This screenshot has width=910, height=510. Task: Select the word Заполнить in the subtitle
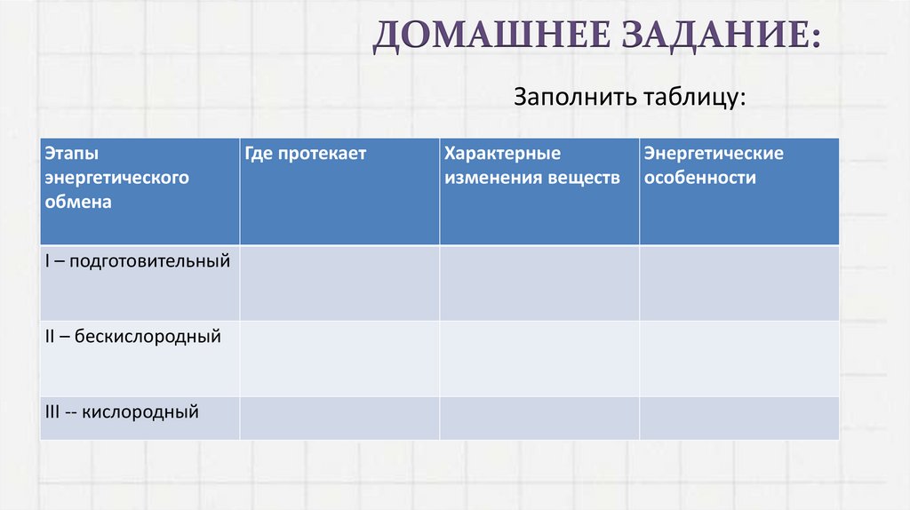569,96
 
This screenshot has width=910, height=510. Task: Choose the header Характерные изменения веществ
532,166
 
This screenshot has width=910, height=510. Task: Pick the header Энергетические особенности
714,166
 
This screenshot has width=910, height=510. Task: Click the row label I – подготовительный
138,262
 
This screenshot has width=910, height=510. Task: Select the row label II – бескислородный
132,338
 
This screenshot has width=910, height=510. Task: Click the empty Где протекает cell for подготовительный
339,283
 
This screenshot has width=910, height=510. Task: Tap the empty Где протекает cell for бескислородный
339,358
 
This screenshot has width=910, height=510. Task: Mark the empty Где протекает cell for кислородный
339,418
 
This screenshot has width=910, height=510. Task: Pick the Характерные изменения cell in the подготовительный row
539,283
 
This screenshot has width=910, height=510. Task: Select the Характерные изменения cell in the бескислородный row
539,358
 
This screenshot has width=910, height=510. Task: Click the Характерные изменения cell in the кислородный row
539,418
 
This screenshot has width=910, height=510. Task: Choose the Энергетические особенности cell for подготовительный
738,283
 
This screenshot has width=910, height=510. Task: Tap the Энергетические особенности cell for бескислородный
738,358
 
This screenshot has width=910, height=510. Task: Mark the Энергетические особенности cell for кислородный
738,418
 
